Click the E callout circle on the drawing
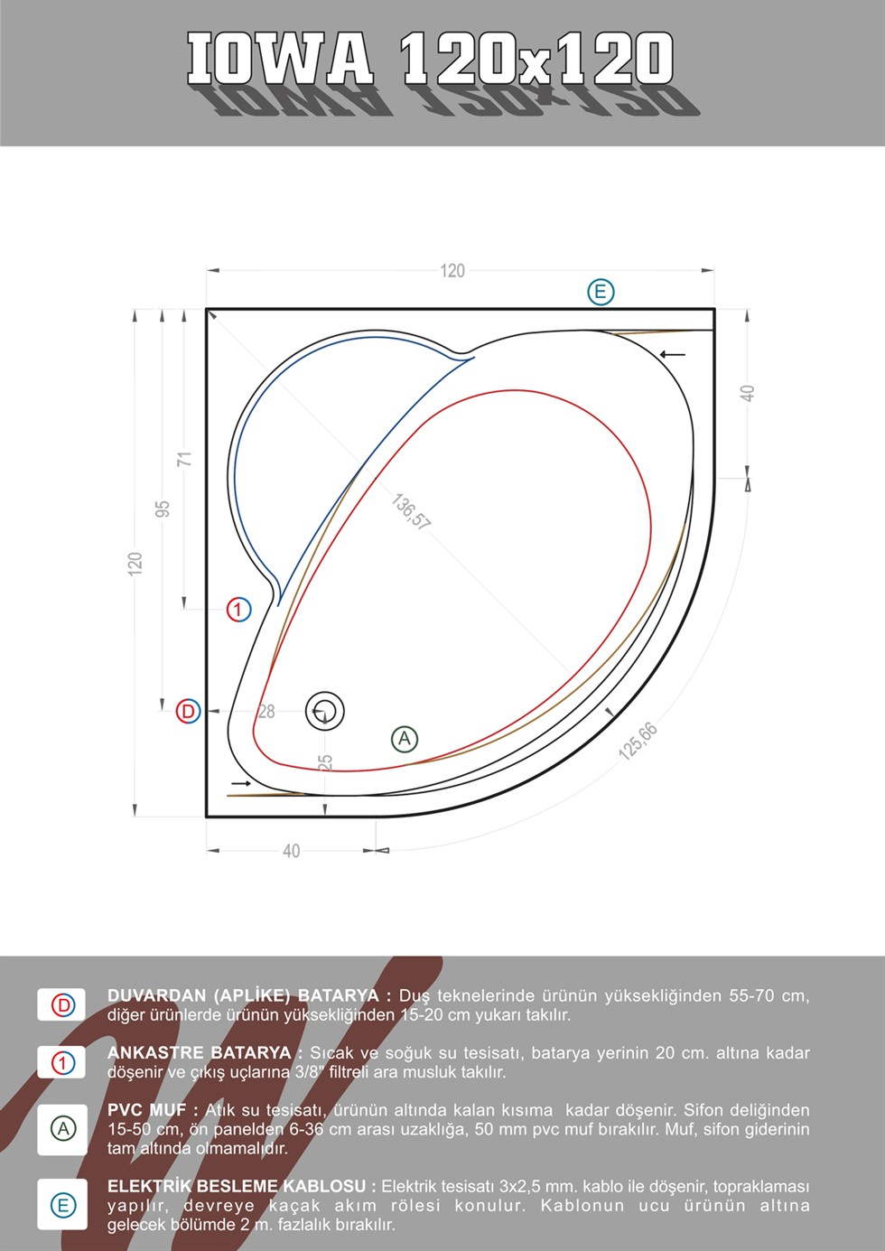click(601, 292)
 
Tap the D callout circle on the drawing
click(188, 711)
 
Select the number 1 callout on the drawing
click(239, 610)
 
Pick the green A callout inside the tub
click(405, 739)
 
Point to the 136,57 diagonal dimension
click(410, 511)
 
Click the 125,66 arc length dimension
click(638, 741)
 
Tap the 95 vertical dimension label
click(163, 509)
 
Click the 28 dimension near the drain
click(266, 712)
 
